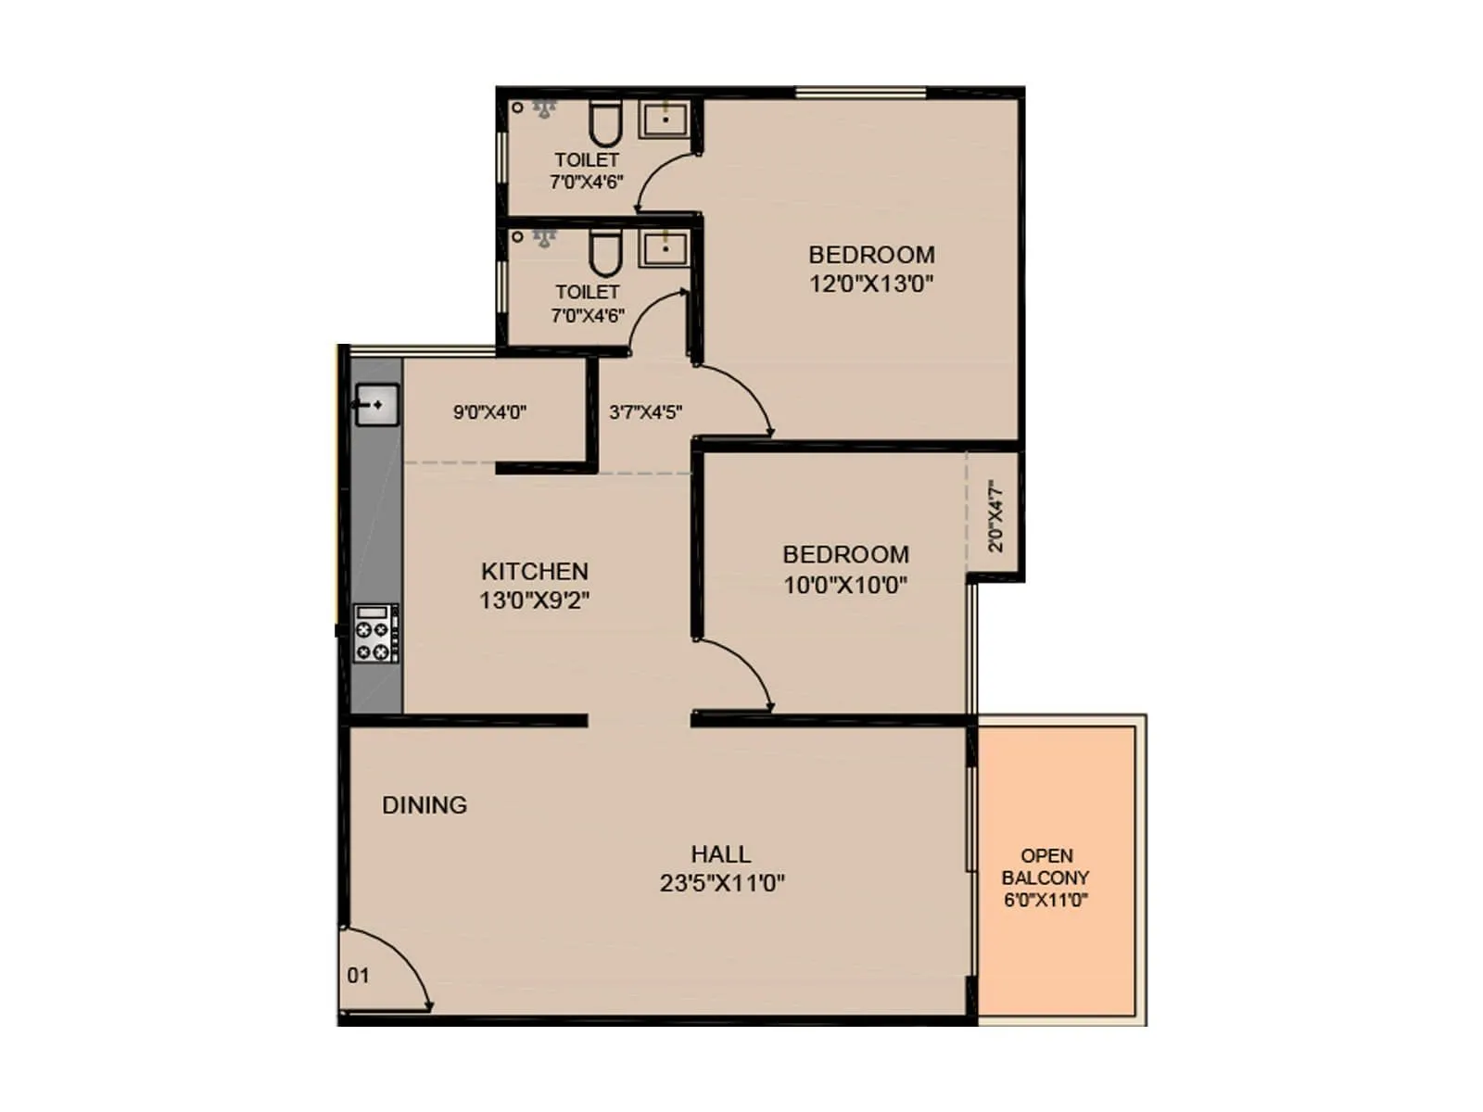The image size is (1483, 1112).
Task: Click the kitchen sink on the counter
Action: [x=377, y=405]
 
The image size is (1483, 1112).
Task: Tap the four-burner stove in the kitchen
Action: [x=376, y=634]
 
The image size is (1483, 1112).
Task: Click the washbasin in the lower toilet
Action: [x=665, y=248]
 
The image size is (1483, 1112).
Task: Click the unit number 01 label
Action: [x=358, y=976]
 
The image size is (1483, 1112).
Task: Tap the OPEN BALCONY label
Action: [x=1046, y=866]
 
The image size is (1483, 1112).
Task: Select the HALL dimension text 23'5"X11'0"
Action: [x=722, y=883]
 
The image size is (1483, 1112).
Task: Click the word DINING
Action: [x=425, y=805]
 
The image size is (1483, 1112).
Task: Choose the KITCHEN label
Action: [x=535, y=571]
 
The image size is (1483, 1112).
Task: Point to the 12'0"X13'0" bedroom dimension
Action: [x=871, y=284]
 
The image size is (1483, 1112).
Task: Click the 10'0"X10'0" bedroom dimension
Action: [x=845, y=585]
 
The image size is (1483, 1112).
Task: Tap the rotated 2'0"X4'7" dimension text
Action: [x=995, y=515]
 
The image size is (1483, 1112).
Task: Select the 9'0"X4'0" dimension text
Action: [x=489, y=412]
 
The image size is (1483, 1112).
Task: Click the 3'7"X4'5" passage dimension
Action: [x=646, y=412]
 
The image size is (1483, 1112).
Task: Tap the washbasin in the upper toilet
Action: [x=665, y=119]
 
